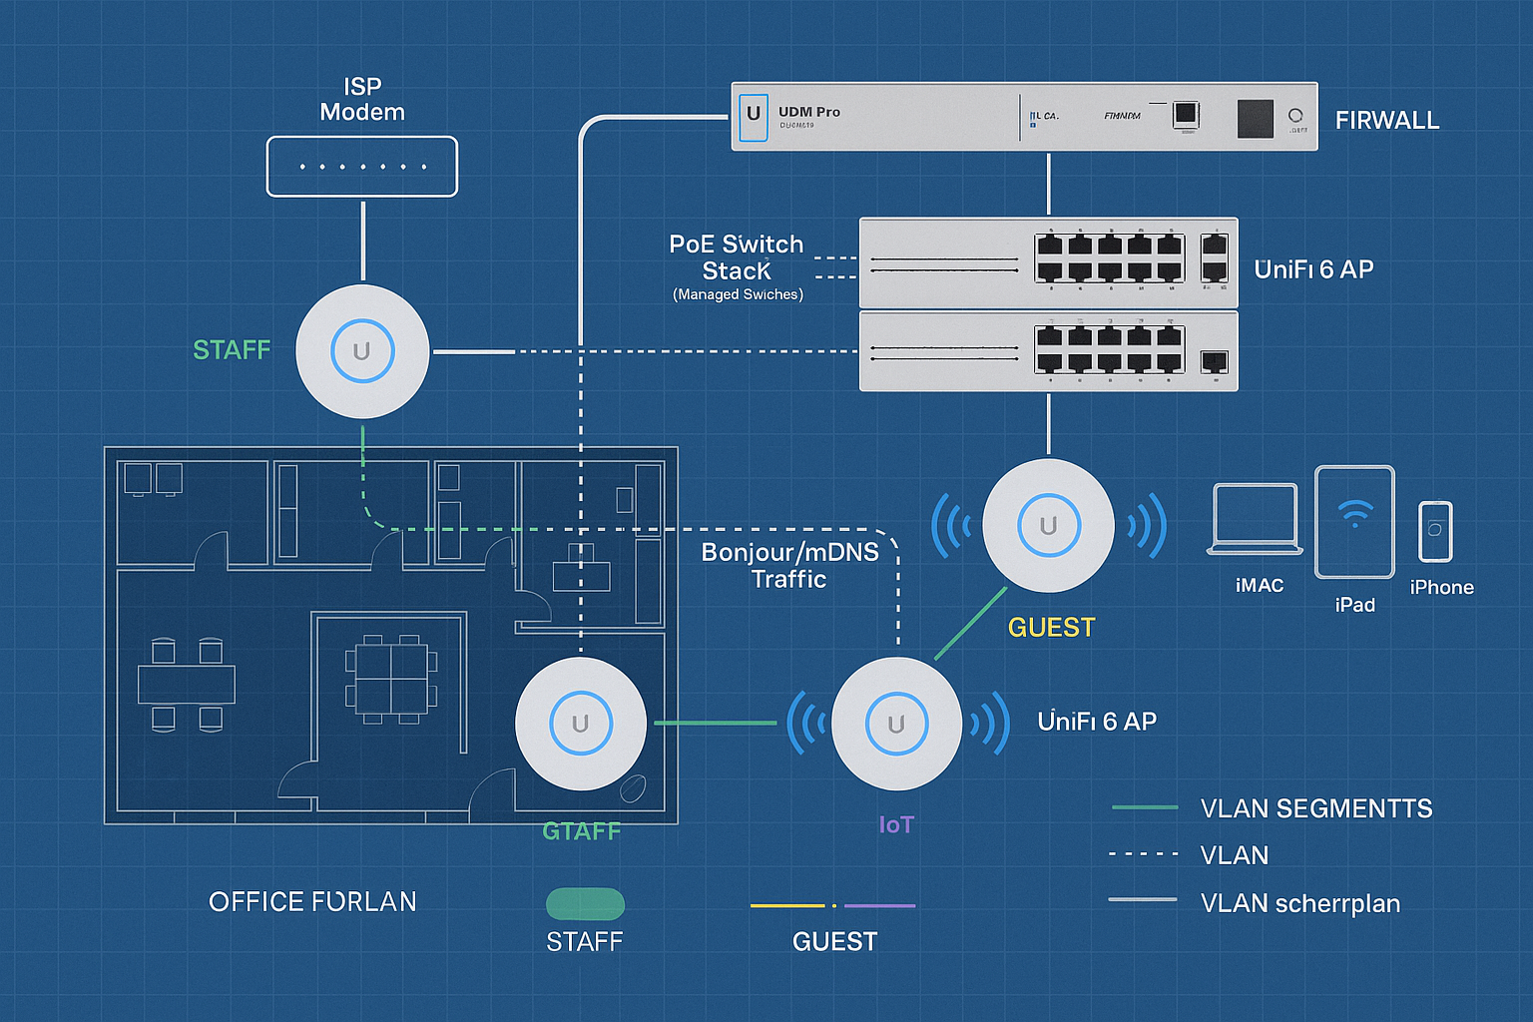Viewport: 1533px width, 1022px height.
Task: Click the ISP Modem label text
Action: tap(362, 100)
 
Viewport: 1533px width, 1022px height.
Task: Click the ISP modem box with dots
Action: tap(362, 167)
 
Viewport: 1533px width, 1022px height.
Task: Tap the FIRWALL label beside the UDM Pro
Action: tap(1387, 121)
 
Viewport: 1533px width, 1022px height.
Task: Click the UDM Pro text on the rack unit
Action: tap(808, 112)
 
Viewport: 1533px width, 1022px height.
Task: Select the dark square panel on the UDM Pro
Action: tap(1255, 119)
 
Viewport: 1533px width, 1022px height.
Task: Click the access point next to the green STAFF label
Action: tap(362, 351)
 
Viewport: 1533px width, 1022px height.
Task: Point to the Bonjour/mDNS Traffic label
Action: tap(789, 566)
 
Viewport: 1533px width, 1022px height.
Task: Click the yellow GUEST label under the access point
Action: tap(1051, 628)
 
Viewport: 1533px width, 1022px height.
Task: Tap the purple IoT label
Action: tap(895, 824)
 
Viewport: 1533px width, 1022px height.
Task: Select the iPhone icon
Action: tap(1435, 532)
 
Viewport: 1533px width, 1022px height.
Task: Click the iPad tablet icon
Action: tap(1354, 522)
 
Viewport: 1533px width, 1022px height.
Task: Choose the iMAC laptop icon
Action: tap(1255, 518)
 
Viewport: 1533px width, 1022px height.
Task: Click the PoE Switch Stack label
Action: tap(737, 257)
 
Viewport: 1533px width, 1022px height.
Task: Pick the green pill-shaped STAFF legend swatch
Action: tap(585, 904)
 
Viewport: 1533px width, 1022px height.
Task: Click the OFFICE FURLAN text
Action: tap(312, 902)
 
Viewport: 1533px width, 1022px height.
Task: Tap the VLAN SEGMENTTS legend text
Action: tap(1315, 809)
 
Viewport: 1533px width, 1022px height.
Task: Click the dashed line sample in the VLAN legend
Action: tap(1144, 854)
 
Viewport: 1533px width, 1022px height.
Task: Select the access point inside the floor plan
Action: tap(580, 724)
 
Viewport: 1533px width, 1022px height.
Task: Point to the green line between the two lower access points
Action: tap(715, 723)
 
